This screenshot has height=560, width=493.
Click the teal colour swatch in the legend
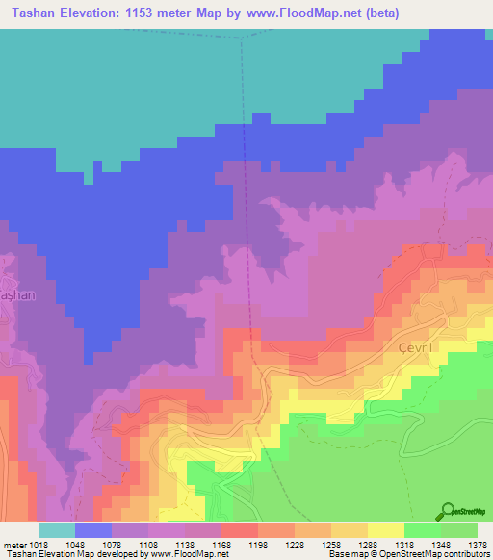(x=57, y=530)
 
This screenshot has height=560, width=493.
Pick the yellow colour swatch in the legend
(x=386, y=530)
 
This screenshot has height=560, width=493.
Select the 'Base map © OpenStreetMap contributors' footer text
(x=409, y=554)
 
